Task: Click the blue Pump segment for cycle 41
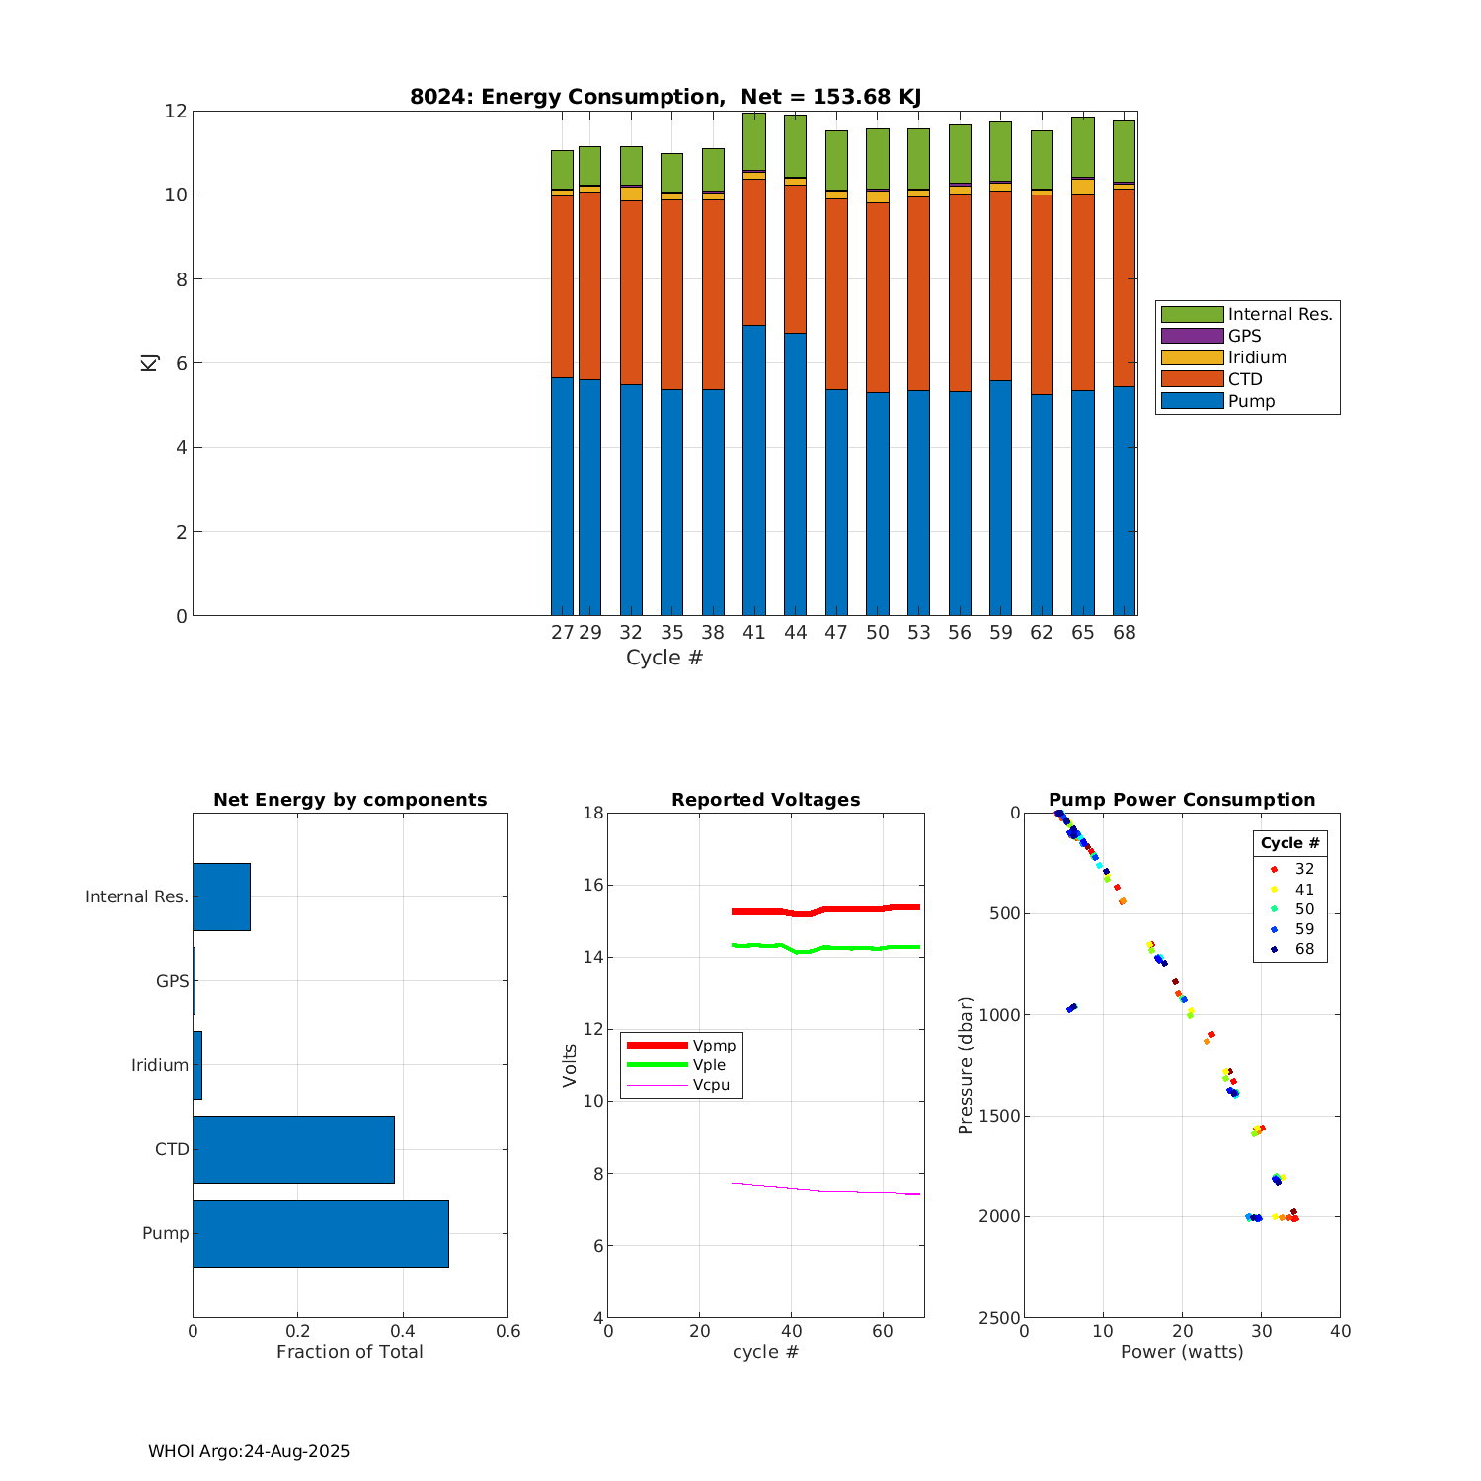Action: [754, 470]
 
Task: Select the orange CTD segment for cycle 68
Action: [1124, 287]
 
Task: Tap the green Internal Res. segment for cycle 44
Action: [795, 146]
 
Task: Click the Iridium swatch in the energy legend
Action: [1192, 357]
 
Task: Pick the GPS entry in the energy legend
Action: [1244, 336]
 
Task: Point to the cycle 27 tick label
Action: [562, 633]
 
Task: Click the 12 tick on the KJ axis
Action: [176, 111]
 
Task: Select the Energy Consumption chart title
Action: [665, 97]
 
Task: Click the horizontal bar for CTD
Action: [293, 1149]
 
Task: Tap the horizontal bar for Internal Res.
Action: [221, 896]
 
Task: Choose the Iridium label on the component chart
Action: [160, 1065]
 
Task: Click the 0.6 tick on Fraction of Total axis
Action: [507, 1331]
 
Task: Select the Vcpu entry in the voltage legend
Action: [711, 1085]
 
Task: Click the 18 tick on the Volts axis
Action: [592, 813]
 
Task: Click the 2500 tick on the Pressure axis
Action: [1000, 1318]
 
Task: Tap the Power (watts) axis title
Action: [1182, 1352]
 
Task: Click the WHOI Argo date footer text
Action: [249, 1451]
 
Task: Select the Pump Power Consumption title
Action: [1182, 800]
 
